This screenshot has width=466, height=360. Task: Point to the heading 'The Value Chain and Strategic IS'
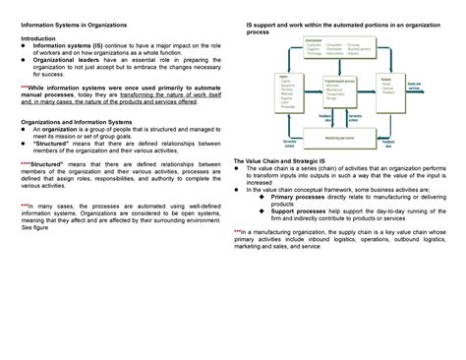[x=281, y=159]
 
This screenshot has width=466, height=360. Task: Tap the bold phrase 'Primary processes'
[x=296, y=196]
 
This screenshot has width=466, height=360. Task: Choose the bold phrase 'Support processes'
[x=296, y=210]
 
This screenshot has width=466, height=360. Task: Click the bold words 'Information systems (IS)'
[x=70, y=46]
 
